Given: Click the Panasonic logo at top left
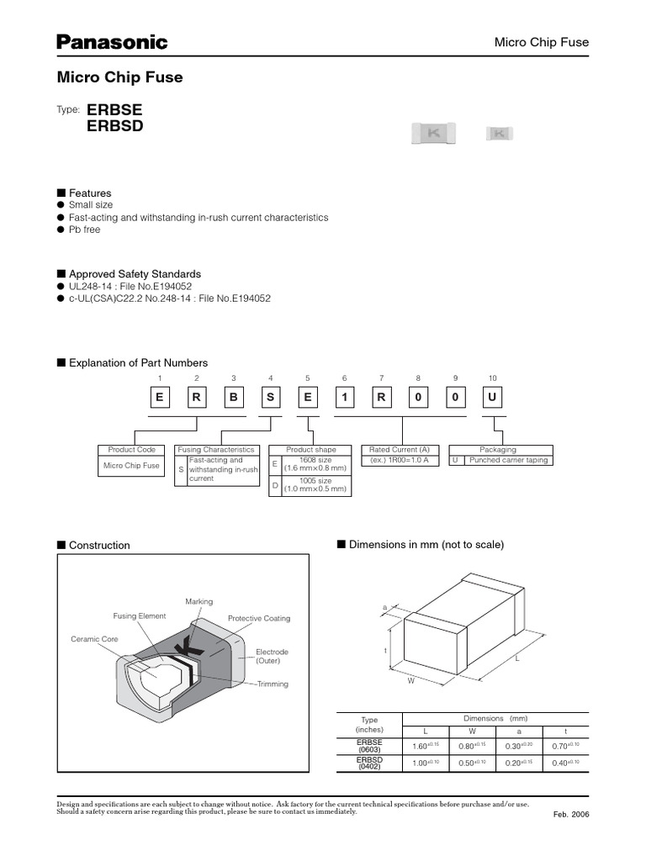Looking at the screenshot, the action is click(112, 42).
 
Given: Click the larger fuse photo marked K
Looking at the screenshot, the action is click(434, 133).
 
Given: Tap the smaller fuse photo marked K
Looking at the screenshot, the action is click(500, 133).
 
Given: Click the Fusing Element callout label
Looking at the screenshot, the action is click(140, 616).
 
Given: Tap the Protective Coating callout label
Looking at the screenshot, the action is click(259, 619).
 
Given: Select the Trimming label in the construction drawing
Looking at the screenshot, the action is click(273, 684).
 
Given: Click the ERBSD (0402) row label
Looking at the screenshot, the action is click(369, 763).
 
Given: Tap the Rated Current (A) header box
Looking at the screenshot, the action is click(400, 450).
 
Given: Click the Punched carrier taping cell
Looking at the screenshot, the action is click(508, 460).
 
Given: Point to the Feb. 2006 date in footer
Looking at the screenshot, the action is click(570, 816).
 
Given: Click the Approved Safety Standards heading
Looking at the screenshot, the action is click(135, 274).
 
